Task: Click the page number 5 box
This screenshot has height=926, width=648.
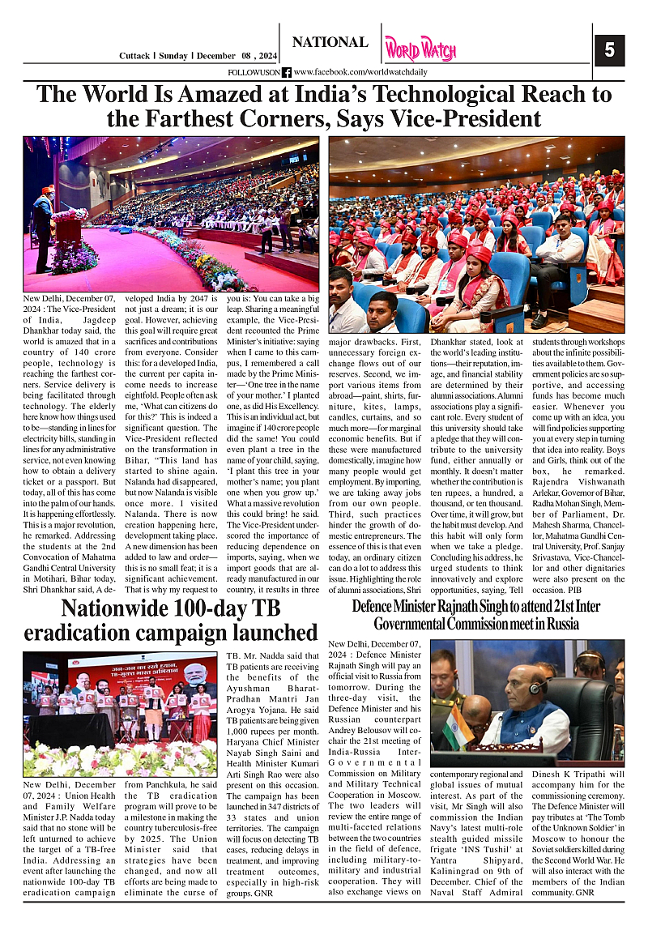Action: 609,51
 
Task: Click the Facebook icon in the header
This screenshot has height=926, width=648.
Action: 287,73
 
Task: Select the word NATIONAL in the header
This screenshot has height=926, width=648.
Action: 330,42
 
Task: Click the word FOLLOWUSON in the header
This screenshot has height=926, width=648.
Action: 254,73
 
